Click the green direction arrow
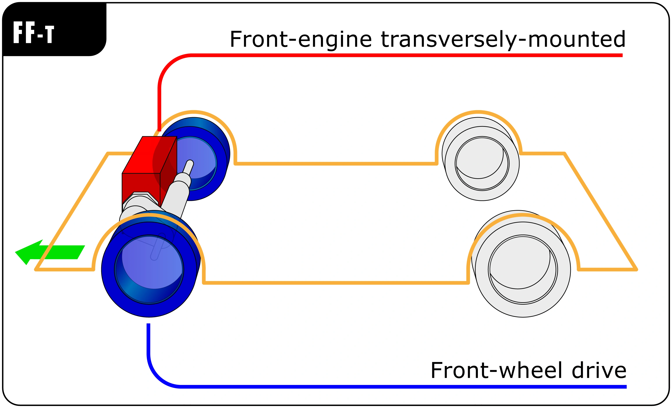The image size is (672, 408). [49, 252]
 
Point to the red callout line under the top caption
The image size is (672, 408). [382, 55]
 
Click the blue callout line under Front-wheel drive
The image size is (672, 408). [382, 387]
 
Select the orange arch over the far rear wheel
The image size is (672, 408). [478, 112]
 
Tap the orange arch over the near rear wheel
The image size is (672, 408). [523, 215]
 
